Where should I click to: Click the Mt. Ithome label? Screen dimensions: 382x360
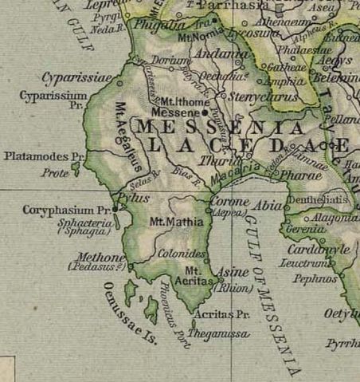point(184,102)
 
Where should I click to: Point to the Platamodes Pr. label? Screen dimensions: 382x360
point(44,156)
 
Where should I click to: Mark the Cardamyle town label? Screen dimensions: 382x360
point(319,249)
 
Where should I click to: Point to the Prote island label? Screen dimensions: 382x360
point(55,171)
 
